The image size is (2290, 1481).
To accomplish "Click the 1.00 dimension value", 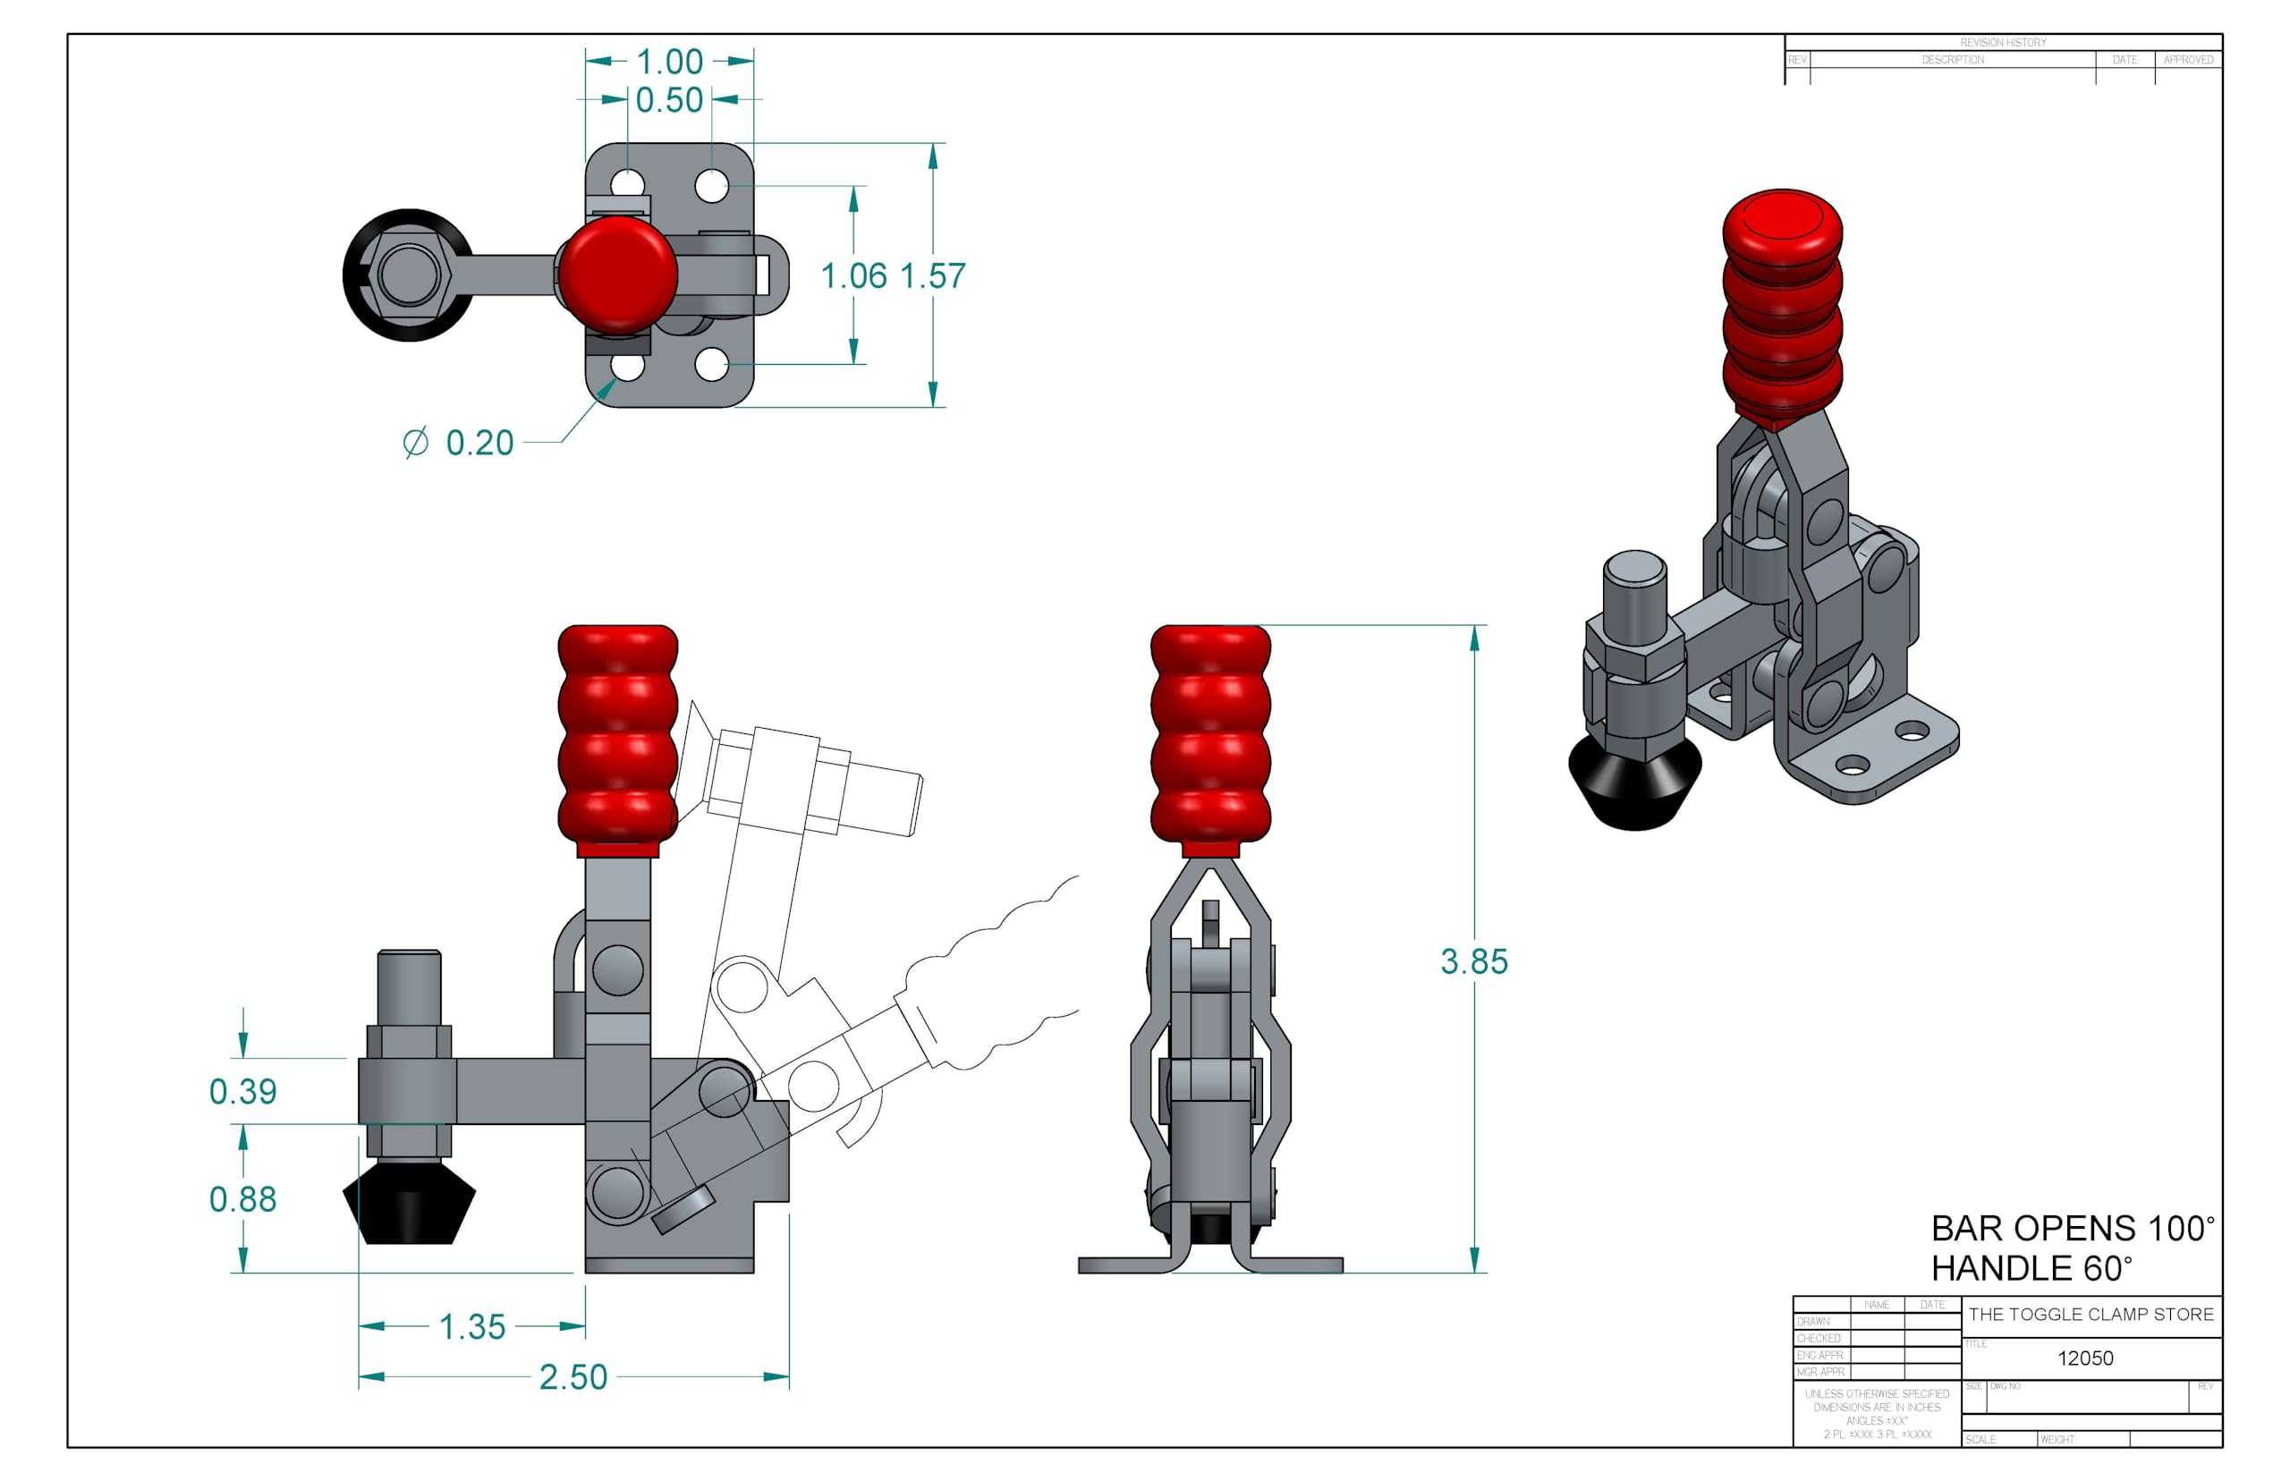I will click(669, 62).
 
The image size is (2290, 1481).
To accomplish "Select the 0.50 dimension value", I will click(669, 100).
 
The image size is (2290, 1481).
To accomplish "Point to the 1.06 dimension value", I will click(853, 276).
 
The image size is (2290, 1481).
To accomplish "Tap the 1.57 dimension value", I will click(932, 276).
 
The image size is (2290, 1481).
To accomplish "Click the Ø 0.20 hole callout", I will click(459, 444).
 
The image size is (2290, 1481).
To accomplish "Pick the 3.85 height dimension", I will click(1472, 961).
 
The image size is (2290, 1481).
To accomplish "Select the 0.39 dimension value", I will click(242, 1091).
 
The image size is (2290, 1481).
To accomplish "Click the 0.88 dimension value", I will click(242, 1199).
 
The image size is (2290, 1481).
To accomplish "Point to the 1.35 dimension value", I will click(471, 1327).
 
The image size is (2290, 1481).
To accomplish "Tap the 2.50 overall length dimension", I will click(573, 1377).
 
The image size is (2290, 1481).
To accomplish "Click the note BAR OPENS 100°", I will click(2073, 1228).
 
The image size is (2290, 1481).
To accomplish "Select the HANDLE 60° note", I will click(2031, 1268).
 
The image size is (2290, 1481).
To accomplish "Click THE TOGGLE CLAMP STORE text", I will click(2090, 1314).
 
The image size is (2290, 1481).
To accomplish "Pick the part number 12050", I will click(2084, 1358).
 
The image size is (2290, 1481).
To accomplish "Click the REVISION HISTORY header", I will click(2003, 42).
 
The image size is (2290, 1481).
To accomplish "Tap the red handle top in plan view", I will click(617, 273).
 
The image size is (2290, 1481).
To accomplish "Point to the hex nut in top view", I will click(410, 274).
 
